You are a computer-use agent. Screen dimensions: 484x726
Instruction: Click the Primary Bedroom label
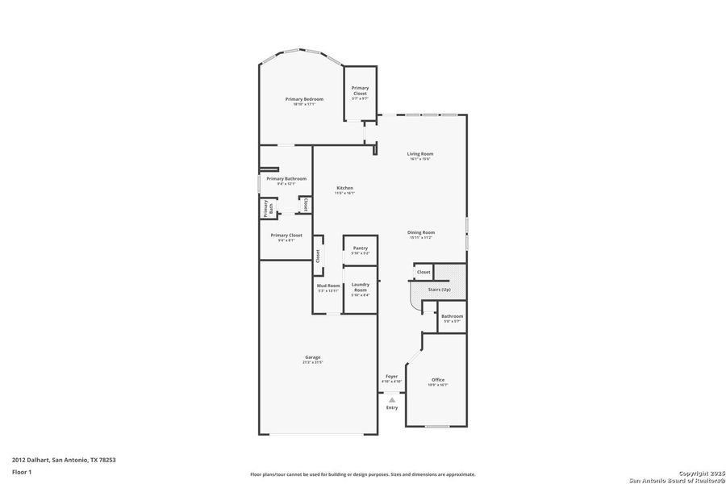(x=304, y=99)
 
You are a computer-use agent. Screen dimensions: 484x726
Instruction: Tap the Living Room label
(x=420, y=154)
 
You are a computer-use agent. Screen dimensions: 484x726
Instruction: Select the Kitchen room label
(x=344, y=188)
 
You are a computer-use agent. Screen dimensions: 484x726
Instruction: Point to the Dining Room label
(x=420, y=232)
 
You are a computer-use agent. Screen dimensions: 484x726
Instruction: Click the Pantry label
(x=360, y=248)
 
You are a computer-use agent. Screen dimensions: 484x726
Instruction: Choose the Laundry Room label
(x=360, y=286)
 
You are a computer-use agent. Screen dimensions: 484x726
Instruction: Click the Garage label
(x=312, y=357)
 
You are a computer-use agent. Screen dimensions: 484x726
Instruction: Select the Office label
(x=438, y=380)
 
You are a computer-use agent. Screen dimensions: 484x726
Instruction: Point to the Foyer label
(x=391, y=377)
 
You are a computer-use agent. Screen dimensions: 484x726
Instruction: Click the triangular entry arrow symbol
(x=391, y=398)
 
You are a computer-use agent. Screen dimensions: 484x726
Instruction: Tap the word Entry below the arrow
(x=391, y=408)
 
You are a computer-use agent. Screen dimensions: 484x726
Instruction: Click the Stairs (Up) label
(x=440, y=289)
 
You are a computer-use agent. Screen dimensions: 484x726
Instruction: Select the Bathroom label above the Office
(x=452, y=316)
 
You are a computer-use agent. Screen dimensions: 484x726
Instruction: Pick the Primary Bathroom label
(x=286, y=178)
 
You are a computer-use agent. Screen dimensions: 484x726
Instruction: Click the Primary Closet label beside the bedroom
(x=360, y=90)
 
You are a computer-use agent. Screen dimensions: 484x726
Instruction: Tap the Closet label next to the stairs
(x=423, y=273)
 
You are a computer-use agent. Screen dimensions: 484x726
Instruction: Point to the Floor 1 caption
(x=21, y=471)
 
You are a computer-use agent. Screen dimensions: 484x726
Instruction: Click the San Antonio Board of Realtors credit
(x=677, y=478)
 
